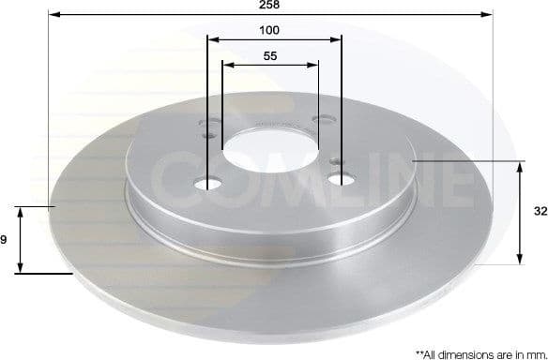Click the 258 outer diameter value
pyautogui.click(x=269, y=5)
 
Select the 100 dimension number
pyautogui.click(x=269, y=30)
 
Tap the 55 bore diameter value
pyautogui.click(x=269, y=56)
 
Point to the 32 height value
pyautogui.click(x=540, y=212)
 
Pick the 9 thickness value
pyautogui.click(x=5, y=240)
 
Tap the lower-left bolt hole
pyautogui.click(x=208, y=184)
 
